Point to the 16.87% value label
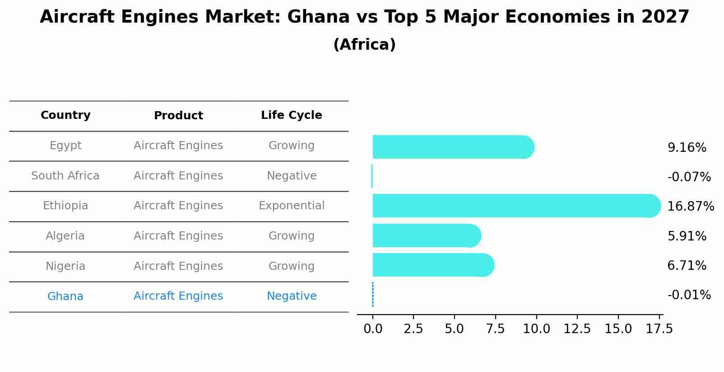tap(690, 207)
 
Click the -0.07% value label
tap(689, 177)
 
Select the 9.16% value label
tap(687, 148)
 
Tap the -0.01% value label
tap(689, 295)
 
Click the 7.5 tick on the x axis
tap(495, 329)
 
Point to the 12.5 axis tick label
tap(577, 329)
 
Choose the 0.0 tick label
tap(373, 329)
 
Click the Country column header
tap(65, 115)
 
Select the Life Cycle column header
tap(292, 115)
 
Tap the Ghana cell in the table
tap(65, 297)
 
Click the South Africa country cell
tap(65, 176)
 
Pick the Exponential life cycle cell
tap(292, 206)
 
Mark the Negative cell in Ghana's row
tap(292, 296)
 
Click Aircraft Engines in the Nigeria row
tap(178, 266)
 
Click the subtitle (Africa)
tap(364, 45)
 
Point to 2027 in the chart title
tap(665, 17)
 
